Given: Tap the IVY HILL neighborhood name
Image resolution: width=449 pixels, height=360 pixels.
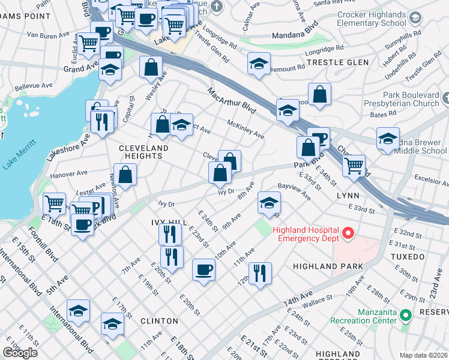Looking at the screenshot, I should [x=165, y=223].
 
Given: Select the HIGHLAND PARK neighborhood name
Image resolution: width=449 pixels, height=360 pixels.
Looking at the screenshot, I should [x=328, y=266].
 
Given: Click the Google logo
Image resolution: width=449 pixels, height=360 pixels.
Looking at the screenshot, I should [x=19, y=353].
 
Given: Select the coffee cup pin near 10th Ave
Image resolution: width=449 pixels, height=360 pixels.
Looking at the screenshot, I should [x=204, y=269].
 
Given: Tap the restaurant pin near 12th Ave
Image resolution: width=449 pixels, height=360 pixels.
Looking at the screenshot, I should [x=260, y=273].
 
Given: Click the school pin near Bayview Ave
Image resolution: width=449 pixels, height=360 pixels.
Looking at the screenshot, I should [x=269, y=202].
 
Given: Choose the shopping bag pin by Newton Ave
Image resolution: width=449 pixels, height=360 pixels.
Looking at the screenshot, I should [x=125, y=175].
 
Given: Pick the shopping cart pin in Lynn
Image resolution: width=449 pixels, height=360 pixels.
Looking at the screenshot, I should [x=354, y=164].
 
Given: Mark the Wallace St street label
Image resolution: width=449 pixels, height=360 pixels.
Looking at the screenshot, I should [x=321, y=299].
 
